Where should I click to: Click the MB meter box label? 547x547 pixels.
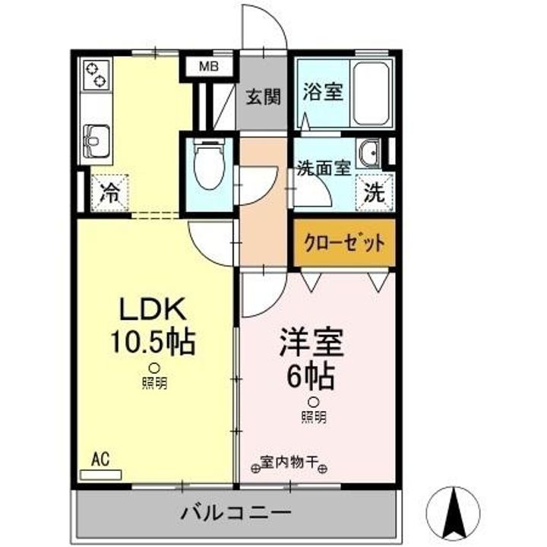[208, 67]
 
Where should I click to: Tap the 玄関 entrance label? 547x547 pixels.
[264, 97]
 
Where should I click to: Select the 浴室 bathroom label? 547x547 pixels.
[323, 92]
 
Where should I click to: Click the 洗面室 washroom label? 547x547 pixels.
[324, 169]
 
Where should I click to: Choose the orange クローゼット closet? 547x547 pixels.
[344, 244]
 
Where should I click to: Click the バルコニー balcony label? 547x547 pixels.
[236, 513]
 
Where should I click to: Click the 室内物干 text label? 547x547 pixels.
[289, 461]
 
